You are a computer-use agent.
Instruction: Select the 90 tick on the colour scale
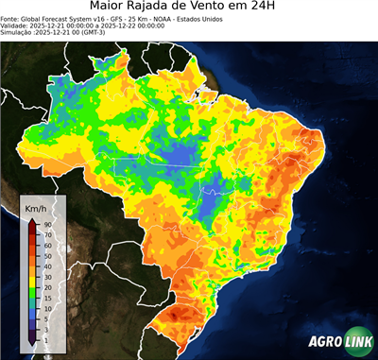click(x=47, y=224)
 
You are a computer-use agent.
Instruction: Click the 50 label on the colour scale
click(x=47, y=255)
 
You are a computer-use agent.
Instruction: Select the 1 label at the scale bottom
click(x=45, y=339)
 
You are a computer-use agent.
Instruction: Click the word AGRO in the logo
click(x=327, y=342)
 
